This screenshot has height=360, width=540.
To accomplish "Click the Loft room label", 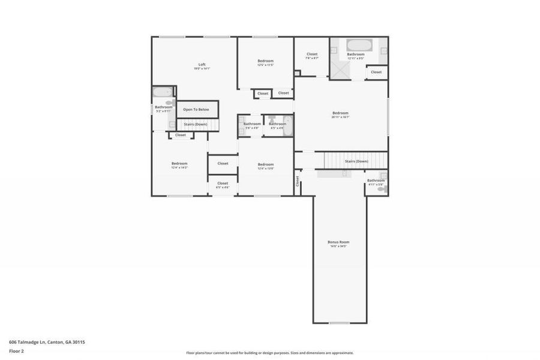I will pyautogui.click(x=202, y=65).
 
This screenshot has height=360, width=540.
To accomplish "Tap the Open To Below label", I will pyautogui.click(x=196, y=110).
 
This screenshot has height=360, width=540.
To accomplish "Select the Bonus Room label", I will pyautogui.click(x=338, y=242).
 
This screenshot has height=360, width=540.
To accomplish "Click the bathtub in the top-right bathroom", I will pyautogui.click(x=359, y=45).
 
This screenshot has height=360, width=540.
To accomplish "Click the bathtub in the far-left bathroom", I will pyautogui.click(x=162, y=92).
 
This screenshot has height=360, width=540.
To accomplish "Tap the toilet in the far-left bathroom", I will pyautogui.click(x=169, y=103).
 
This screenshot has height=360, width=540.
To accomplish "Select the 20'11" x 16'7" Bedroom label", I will pyautogui.click(x=340, y=113).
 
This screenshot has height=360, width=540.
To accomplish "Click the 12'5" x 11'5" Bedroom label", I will pyautogui.click(x=265, y=61).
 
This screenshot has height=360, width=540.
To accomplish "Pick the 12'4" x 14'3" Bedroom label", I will pyautogui.click(x=179, y=163).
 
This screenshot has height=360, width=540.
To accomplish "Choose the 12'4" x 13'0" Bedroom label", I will pyautogui.click(x=265, y=164).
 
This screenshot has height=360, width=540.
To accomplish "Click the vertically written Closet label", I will pyautogui.click(x=297, y=180).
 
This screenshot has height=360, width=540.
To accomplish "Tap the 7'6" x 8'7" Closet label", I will pyautogui.click(x=311, y=54).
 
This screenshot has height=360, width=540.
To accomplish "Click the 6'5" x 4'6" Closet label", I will pyautogui.click(x=223, y=183).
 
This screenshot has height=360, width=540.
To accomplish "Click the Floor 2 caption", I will pyautogui.click(x=17, y=352).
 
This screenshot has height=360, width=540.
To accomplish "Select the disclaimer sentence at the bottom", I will pyautogui.click(x=269, y=353).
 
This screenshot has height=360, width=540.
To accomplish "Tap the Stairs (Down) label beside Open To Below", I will pyautogui.click(x=196, y=124).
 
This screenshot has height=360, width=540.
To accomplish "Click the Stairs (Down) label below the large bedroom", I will pyautogui.click(x=356, y=161).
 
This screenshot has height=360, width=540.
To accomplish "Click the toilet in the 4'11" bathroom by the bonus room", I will pyautogui.click(x=381, y=189).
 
